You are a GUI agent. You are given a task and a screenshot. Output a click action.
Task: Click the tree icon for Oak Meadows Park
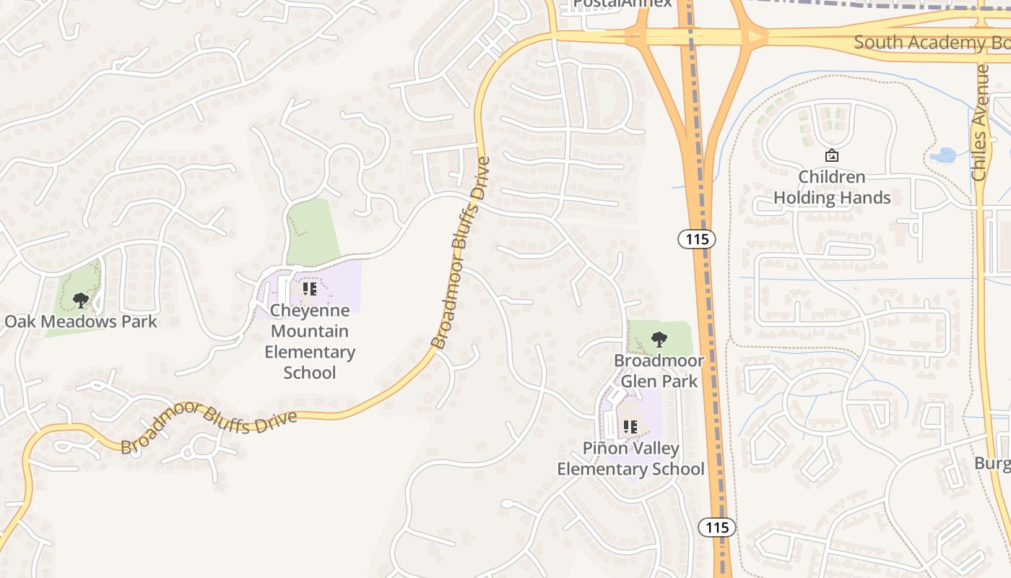(x=81, y=300)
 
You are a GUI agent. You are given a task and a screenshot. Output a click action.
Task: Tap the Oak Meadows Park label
(x=81, y=322)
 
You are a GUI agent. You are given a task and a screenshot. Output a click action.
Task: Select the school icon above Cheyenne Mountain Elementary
(x=310, y=290)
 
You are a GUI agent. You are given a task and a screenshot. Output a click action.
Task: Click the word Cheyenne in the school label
(x=310, y=311)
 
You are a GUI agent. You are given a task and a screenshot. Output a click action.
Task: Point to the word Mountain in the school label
(x=311, y=332)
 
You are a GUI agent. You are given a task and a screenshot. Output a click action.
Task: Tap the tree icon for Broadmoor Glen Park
(x=659, y=339)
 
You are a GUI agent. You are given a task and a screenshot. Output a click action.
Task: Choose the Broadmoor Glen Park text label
(x=659, y=371)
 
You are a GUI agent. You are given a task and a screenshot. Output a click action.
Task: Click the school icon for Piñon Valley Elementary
(x=630, y=427)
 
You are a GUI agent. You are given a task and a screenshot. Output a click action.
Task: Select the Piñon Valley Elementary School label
(x=630, y=459)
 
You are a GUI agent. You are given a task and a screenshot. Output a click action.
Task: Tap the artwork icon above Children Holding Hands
(x=832, y=155)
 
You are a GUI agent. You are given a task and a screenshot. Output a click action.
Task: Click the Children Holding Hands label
(x=832, y=187)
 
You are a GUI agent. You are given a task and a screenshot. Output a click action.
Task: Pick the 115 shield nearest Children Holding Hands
(x=696, y=238)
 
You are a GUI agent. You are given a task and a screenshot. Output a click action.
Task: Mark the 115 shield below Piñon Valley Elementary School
(x=717, y=527)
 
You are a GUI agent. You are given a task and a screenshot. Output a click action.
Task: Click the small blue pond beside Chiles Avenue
(x=942, y=155)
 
